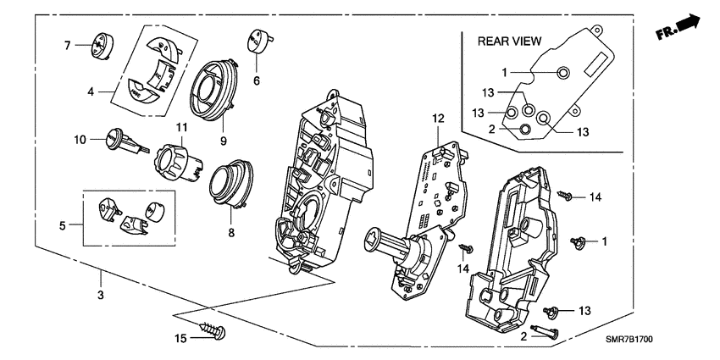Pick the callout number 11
(180, 128)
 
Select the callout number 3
(99, 295)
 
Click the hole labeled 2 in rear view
(526, 129)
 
